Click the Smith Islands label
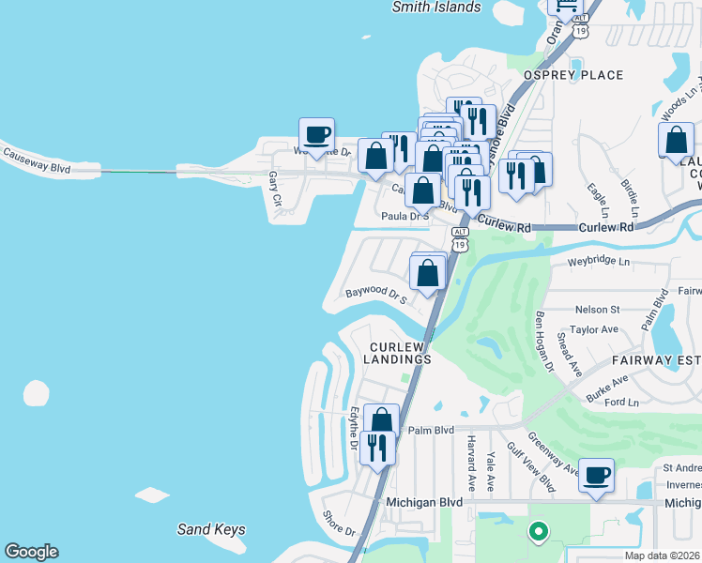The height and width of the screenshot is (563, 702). (x=436, y=8)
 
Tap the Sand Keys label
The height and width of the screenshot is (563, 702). (x=211, y=529)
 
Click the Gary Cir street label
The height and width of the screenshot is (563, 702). (x=275, y=182)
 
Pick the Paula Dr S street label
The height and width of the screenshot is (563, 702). (x=404, y=216)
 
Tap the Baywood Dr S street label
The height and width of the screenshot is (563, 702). (x=374, y=295)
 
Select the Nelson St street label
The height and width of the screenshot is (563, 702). (x=597, y=309)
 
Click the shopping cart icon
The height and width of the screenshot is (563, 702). (x=566, y=6)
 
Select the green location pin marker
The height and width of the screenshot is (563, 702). (x=538, y=532)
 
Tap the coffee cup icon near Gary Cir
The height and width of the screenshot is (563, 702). (x=317, y=134)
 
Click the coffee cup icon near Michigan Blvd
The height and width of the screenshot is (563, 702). (x=596, y=475)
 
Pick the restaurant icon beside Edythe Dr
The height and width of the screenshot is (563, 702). (x=377, y=446)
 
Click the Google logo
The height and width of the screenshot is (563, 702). (x=31, y=552)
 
